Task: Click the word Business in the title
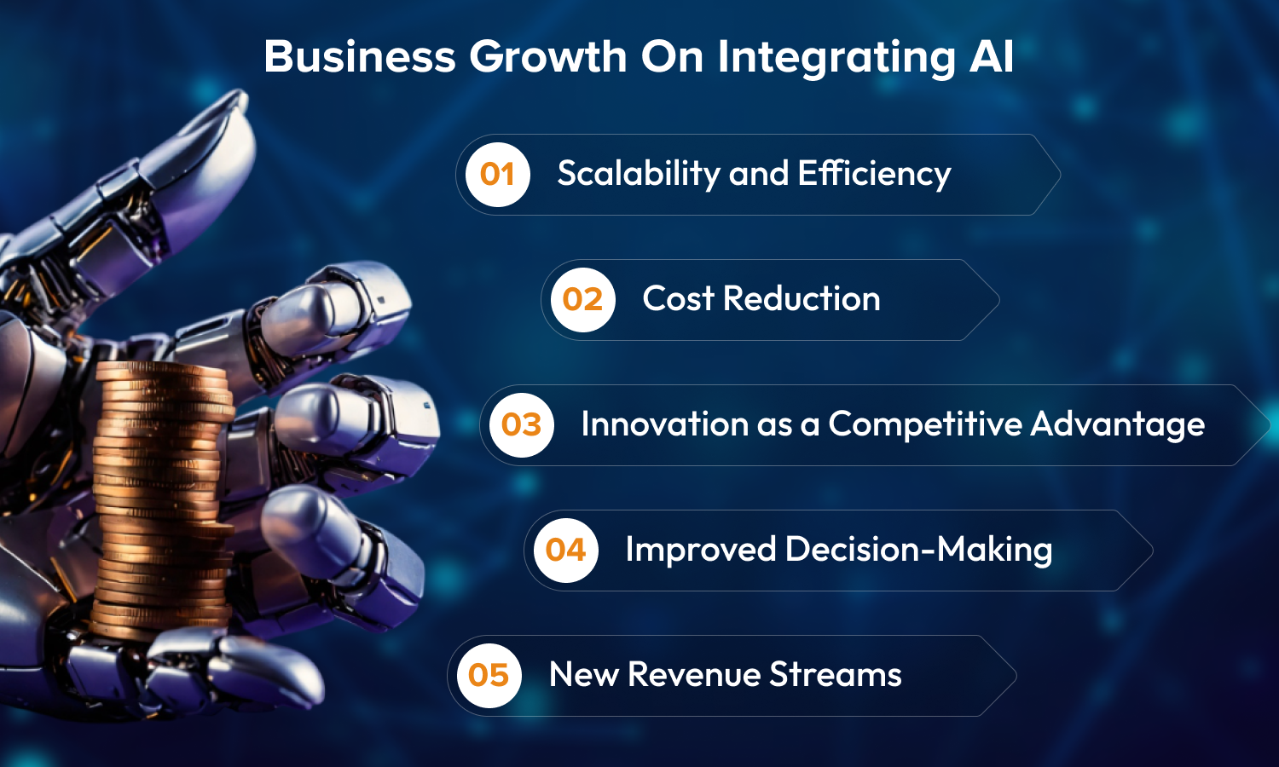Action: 360,56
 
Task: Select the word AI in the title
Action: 991,56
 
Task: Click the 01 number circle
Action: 497,174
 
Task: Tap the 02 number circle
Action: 582,300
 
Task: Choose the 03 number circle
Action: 521,424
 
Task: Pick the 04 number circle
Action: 566,551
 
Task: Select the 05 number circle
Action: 489,675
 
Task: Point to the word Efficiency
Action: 874,174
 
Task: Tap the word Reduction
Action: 802,298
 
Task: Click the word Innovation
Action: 664,424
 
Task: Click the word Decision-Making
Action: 918,551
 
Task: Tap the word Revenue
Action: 694,675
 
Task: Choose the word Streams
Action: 836,675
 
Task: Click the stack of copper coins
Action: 163,499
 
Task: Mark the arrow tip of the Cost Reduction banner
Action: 999,300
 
